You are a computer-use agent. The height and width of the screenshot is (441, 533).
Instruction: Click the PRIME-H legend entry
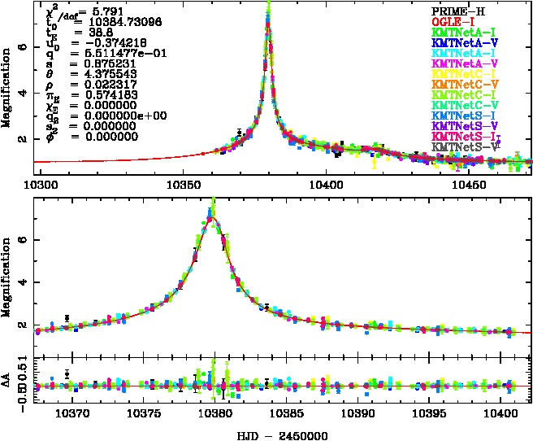click(x=458, y=11)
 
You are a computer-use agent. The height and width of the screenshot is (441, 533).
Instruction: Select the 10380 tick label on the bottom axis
click(x=215, y=415)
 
